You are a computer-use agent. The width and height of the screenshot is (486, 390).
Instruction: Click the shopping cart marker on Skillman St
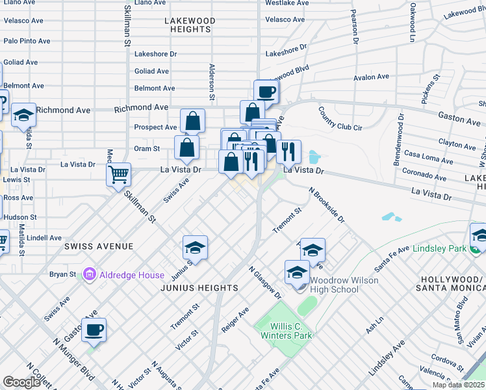coord(119,174)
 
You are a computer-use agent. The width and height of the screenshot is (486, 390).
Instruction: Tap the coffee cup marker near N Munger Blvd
coord(94,330)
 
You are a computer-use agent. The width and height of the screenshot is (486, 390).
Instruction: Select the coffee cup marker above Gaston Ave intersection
coord(266,91)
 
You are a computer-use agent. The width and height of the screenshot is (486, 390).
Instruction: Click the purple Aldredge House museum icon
coord(89,275)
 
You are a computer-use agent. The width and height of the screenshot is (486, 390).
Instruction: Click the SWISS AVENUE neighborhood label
coord(99,246)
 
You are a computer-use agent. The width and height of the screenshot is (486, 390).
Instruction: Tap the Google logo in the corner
coord(21,382)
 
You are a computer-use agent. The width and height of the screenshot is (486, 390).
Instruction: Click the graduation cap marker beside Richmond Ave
coord(24,116)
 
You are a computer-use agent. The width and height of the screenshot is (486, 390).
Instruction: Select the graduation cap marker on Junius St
coord(195,248)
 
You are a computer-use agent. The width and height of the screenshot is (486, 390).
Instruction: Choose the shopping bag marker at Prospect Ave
coord(193,120)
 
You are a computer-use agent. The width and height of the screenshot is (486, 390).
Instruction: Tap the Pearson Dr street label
coord(355,27)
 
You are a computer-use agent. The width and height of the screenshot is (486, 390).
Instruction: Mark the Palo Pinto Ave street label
coord(27,41)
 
